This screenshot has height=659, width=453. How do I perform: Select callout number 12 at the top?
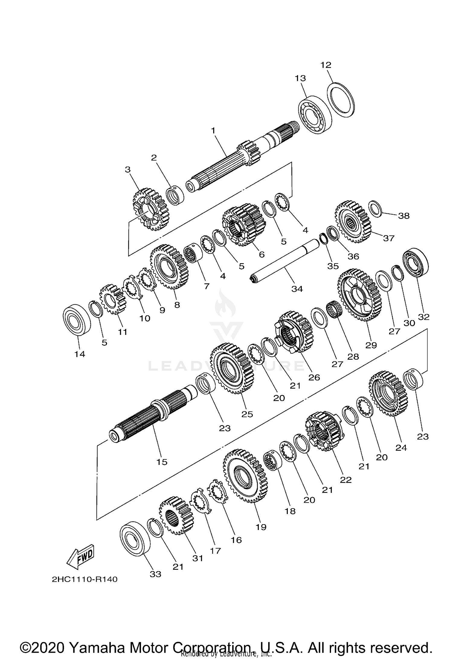(x=326, y=65)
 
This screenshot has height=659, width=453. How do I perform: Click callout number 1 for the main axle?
(x=213, y=131)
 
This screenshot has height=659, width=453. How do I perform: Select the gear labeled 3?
(x=150, y=209)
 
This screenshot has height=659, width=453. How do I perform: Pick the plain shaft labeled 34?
(x=285, y=261)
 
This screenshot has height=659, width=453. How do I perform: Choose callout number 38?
(x=404, y=216)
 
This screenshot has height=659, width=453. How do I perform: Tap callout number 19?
(x=261, y=527)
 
